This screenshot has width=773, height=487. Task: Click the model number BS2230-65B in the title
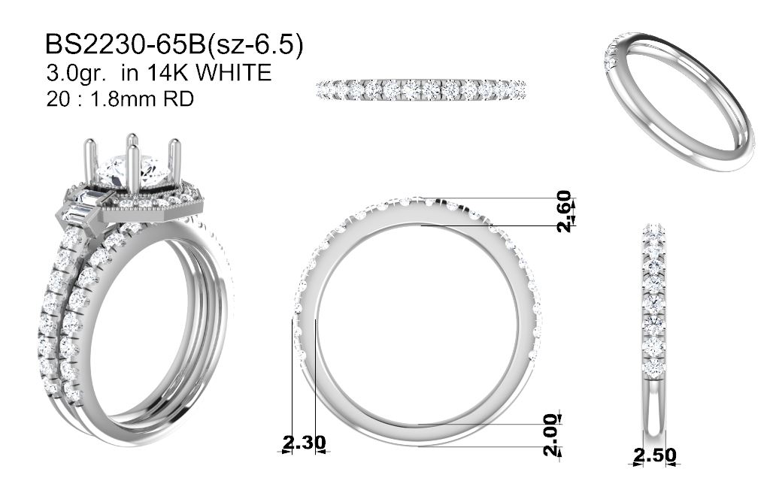click(x=126, y=44)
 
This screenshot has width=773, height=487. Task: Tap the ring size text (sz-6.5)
click(x=254, y=45)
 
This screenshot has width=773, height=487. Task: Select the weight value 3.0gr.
click(x=76, y=73)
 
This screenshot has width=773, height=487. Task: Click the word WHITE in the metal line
click(x=234, y=72)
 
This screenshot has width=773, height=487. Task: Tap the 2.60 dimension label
click(x=564, y=211)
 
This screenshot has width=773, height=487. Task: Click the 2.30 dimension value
click(x=305, y=442)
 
